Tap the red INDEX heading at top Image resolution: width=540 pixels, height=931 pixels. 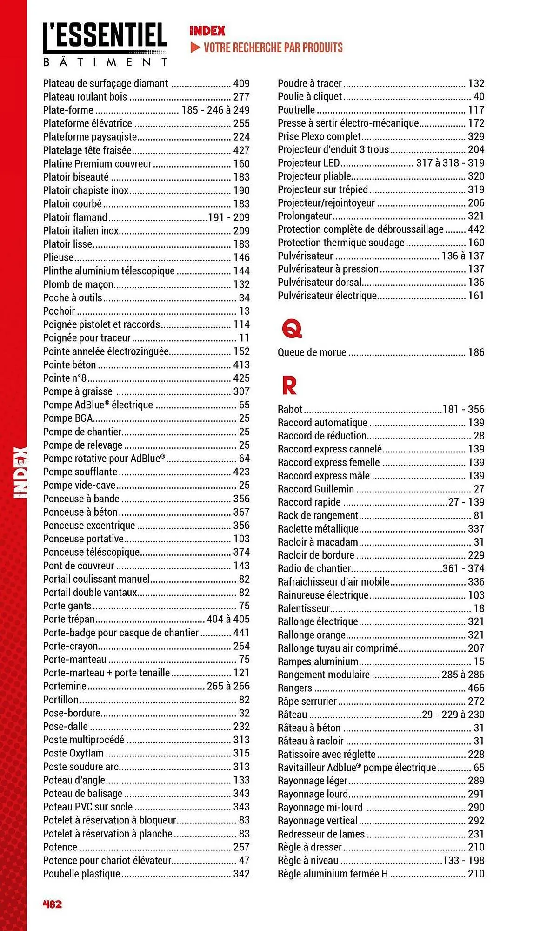coord(207,31)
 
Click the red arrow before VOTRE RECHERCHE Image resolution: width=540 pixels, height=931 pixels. coord(195,47)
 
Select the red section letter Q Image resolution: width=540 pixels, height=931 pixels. coord(292,329)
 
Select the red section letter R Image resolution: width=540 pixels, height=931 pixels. coord(289,385)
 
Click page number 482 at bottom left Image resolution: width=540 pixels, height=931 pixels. coord(52,904)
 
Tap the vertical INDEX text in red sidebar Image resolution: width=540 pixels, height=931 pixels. coord(20,472)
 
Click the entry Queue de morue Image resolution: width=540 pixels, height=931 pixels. coord(312,352)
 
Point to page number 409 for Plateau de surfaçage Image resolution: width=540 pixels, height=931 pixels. coord(241,83)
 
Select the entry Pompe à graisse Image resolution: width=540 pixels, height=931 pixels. coord(78,391)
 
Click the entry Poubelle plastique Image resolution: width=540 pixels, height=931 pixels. coord(81,874)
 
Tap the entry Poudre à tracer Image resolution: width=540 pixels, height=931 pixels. coord(309,83)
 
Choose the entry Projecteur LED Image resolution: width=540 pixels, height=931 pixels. coord(308,163)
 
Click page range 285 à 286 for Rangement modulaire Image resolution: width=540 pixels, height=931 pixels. coord(462,675)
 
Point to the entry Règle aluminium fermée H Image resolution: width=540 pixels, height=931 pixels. coord(333,874)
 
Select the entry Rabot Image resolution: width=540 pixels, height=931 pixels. coord(290,409)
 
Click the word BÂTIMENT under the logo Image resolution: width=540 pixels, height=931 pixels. coord(105,62)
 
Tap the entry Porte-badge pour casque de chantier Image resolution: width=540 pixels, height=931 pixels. coord(120,633)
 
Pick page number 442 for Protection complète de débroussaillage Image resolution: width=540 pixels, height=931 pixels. coord(476,229)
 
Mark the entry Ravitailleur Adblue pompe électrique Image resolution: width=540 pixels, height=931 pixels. coord(357,768)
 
